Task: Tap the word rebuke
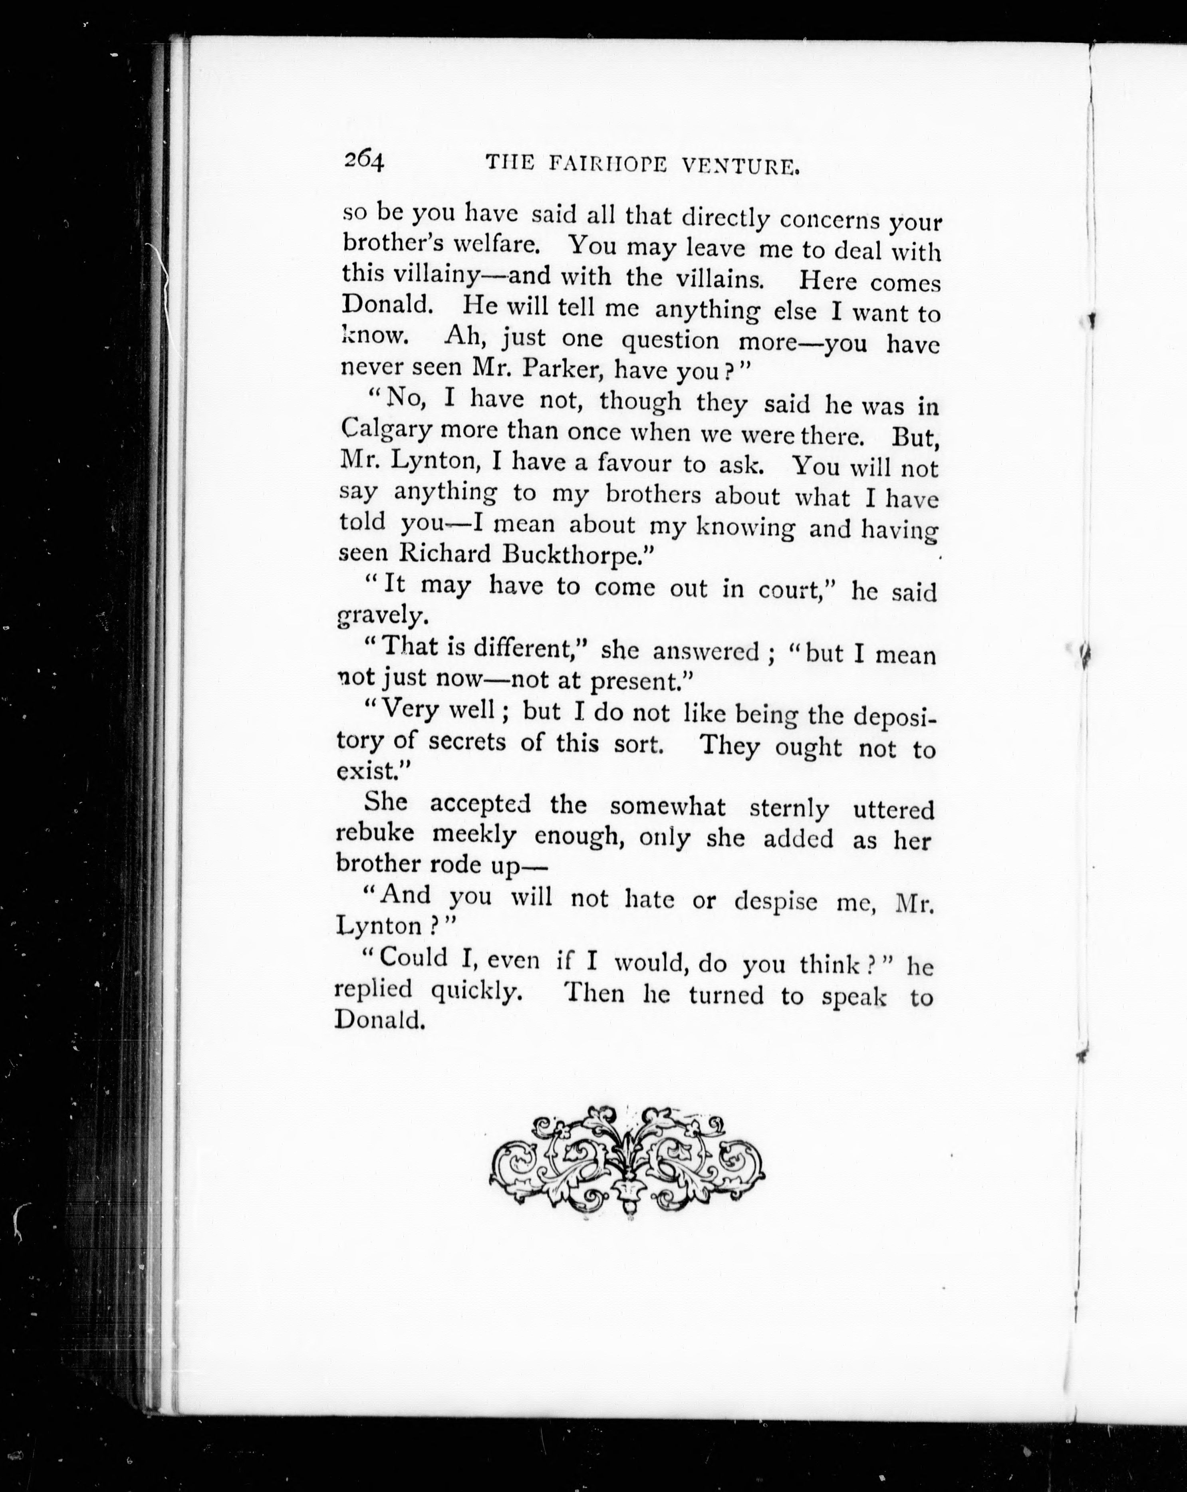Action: click(x=375, y=833)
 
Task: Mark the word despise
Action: click(x=775, y=901)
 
